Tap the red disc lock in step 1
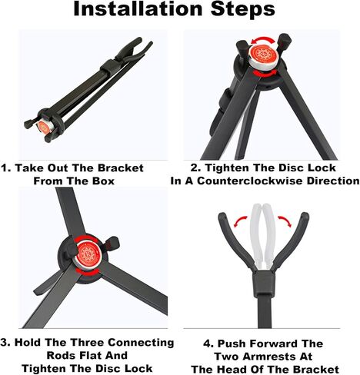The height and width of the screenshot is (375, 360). pyautogui.click(x=44, y=127)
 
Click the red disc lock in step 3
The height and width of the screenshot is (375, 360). pyautogui.click(x=87, y=253)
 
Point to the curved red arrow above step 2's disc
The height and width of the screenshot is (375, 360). pyautogui.click(x=262, y=40)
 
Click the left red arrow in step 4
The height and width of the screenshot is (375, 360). pyautogui.click(x=240, y=221)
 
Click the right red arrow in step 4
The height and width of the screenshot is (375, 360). pyautogui.click(x=285, y=221)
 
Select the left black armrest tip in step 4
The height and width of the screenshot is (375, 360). pyautogui.click(x=222, y=217)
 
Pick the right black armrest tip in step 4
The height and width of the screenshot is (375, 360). pyautogui.click(x=305, y=217)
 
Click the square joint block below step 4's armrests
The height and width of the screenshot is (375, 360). pyautogui.click(x=264, y=284)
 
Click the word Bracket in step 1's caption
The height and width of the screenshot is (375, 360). pyautogui.click(x=120, y=168)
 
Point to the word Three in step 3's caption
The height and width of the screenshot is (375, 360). pyautogui.click(x=87, y=343)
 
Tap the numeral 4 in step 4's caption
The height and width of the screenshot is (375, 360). pyautogui.click(x=208, y=343)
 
